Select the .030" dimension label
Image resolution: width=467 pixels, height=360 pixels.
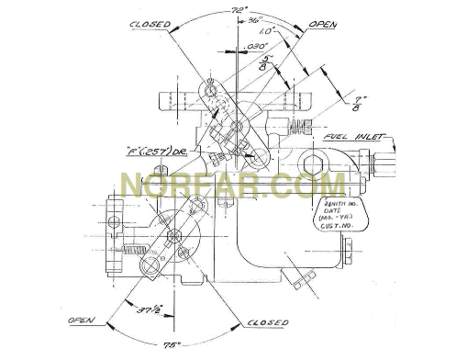coord(255,45)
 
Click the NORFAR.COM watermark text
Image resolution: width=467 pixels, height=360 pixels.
coord(233,186)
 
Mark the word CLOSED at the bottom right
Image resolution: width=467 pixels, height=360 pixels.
coord(266,322)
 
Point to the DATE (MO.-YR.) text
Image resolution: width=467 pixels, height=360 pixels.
coord(341,214)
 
